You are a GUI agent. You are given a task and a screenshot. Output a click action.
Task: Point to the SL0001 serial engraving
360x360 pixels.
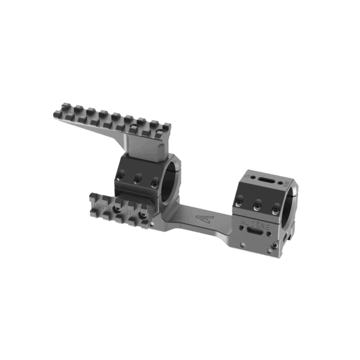pos(101,205)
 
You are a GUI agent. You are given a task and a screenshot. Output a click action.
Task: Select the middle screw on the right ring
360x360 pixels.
pos(257,205)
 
